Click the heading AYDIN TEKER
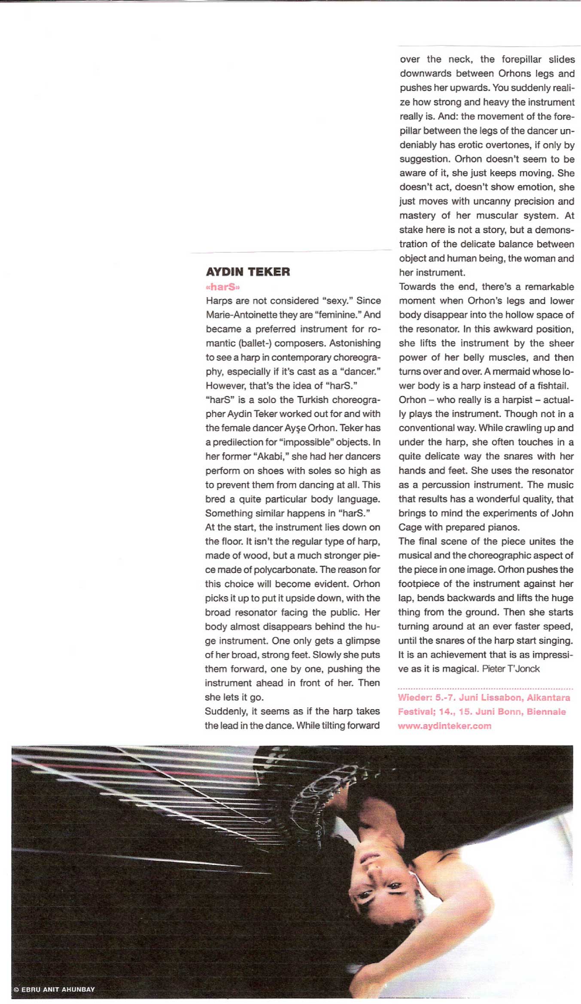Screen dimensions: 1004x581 click(248, 272)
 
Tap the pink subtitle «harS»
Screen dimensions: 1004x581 click(222, 287)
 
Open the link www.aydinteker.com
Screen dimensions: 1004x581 click(444, 726)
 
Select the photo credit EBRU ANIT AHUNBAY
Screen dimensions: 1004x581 click(58, 989)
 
